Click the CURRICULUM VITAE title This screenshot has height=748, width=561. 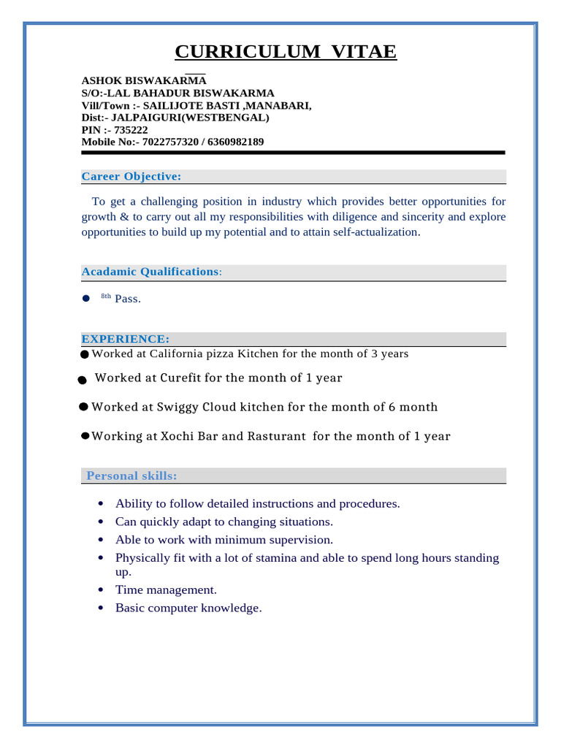[286, 52]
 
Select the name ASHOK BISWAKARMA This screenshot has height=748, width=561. [144, 80]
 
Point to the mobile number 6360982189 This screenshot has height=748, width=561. [235, 142]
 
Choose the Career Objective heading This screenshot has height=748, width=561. [131, 177]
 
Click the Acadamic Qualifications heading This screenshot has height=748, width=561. [150, 272]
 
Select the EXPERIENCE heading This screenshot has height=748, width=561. [125, 339]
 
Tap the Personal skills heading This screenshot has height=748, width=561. [131, 476]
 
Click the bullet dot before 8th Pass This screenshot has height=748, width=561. [85, 298]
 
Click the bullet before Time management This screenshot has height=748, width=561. [99, 589]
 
